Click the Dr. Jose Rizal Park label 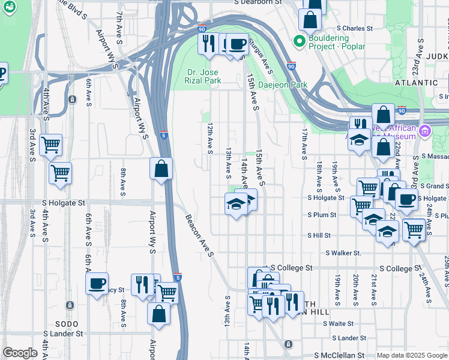click(x=203, y=76)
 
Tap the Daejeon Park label click(x=283, y=85)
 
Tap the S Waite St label click(x=337, y=323)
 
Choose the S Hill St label click(x=319, y=236)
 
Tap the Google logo click(x=20, y=353)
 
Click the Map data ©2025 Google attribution click(x=411, y=355)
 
